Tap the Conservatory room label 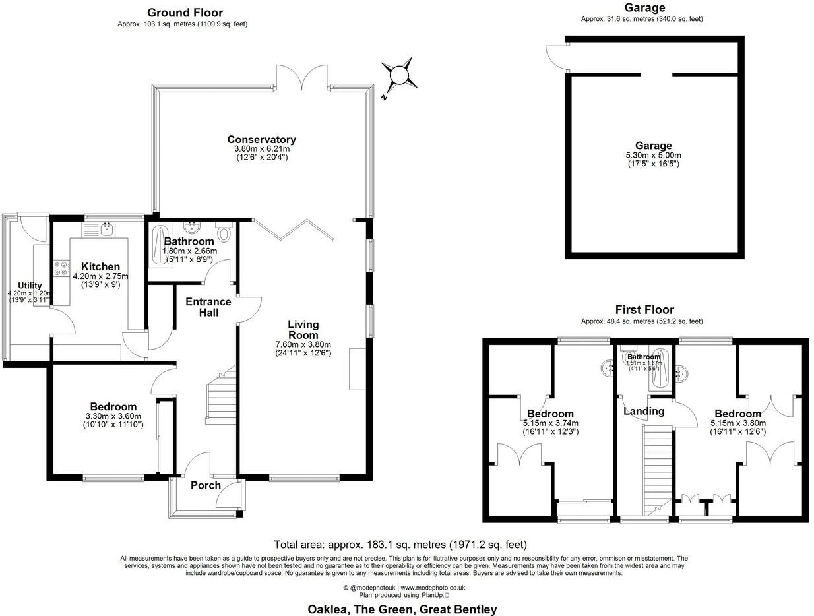(x=261, y=140)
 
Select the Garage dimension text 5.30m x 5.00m (x=653, y=155)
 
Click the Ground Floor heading (x=185, y=13)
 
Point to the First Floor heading (x=644, y=309)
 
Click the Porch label (x=206, y=485)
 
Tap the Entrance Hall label (x=208, y=307)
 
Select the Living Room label (x=303, y=330)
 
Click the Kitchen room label (x=100, y=267)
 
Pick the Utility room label (x=30, y=286)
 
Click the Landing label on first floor (x=644, y=412)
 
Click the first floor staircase (x=656, y=468)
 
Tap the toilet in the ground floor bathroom (x=224, y=232)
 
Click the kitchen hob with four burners (x=61, y=269)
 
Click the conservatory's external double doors (x=302, y=78)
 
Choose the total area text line (x=400, y=545)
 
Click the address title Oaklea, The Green (x=402, y=609)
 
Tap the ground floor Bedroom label (x=111, y=407)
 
